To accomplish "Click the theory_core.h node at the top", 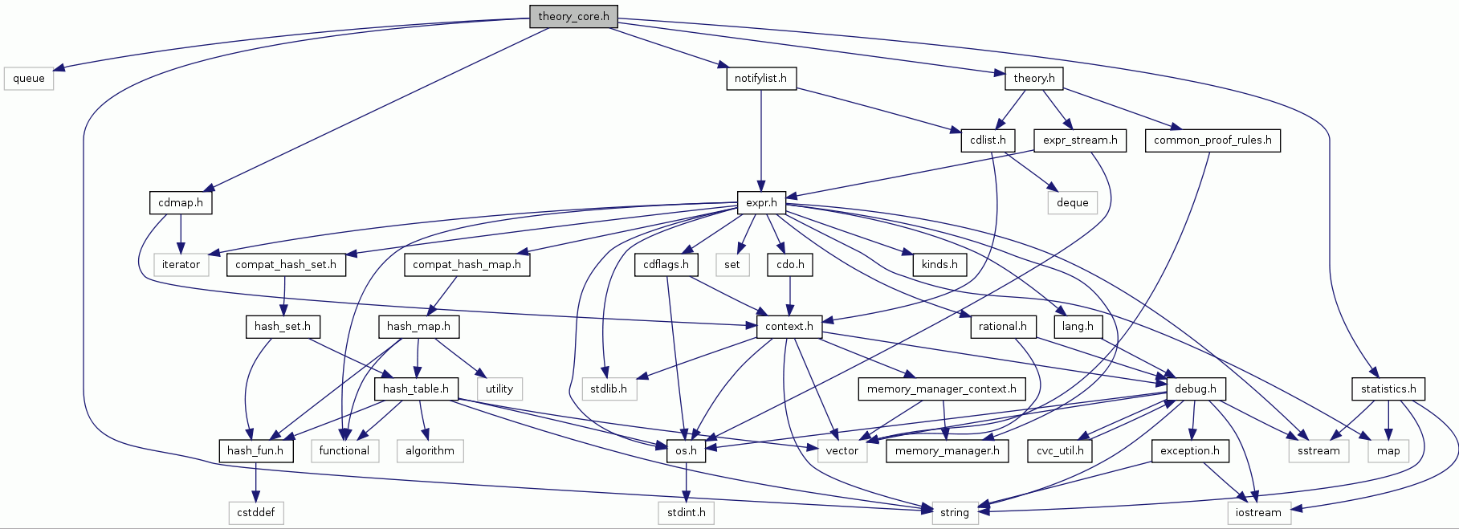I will [x=573, y=16].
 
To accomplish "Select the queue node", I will [x=29, y=79].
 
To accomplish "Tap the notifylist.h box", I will [x=760, y=79].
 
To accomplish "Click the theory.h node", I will [x=1033, y=79].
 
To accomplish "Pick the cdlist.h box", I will [x=988, y=140].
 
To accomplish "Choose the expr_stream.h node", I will [x=1079, y=140].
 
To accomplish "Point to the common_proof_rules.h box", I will [x=1212, y=140].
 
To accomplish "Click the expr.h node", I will [x=761, y=203].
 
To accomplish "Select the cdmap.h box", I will [x=181, y=203].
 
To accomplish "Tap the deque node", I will [x=1072, y=203].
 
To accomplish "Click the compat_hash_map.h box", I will [x=467, y=265].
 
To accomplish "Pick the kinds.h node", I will [x=939, y=265].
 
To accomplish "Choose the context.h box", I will [x=789, y=327].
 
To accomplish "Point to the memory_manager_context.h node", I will [x=941, y=389].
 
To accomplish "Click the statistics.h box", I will [x=1388, y=389].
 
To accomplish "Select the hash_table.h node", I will [x=416, y=389].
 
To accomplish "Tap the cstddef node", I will [x=256, y=513].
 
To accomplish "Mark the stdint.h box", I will [x=686, y=513].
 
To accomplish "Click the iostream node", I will [x=1258, y=513].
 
